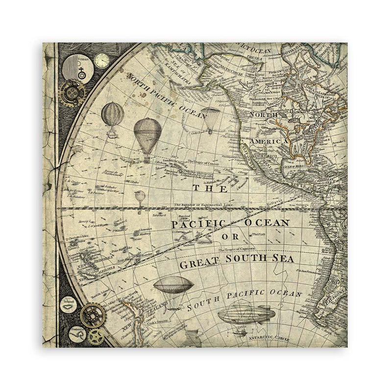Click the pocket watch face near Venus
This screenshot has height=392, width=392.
(x=102, y=60)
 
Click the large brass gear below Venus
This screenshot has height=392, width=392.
(x=73, y=92)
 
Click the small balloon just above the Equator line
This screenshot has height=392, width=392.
(x=140, y=197)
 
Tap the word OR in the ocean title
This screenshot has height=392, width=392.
(x=235, y=236)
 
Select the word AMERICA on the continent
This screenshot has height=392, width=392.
(x=269, y=141)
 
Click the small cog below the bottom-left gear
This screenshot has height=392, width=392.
(x=96, y=336)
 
